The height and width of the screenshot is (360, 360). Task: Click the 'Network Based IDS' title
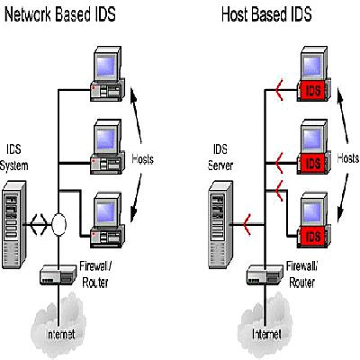point(60,14)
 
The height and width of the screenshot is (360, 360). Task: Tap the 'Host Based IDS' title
point(266,14)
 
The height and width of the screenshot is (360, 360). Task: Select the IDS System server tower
point(14,224)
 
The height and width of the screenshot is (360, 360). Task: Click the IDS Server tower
point(220,224)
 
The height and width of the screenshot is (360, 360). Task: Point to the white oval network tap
point(58,224)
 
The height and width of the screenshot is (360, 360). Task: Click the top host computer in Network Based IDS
point(107,74)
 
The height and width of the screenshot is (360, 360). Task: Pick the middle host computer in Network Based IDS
point(107,147)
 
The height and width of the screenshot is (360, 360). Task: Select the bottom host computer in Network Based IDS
point(107,220)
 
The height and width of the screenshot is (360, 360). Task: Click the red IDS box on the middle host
point(312,164)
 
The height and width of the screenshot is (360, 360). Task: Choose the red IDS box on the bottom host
point(312,237)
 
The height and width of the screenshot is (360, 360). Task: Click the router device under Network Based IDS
point(58,274)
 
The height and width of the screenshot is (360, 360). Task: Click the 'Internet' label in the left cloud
point(61,334)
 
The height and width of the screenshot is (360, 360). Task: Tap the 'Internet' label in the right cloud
point(266,334)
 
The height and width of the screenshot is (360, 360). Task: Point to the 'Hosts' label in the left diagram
point(143,159)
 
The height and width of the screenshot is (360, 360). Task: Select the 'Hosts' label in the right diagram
point(347,158)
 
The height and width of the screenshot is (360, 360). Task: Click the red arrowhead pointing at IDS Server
point(247,224)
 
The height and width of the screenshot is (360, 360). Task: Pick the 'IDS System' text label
point(13,157)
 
